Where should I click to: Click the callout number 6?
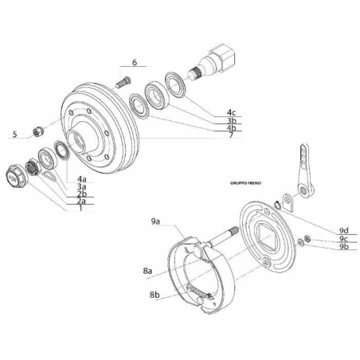click(x=135, y=61)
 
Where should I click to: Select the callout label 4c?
click(x=230, y=112)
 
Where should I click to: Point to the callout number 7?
click(x=230, y=136)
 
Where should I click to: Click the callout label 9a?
click(x=155, y=219)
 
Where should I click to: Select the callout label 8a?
click(x=149, y=271)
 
